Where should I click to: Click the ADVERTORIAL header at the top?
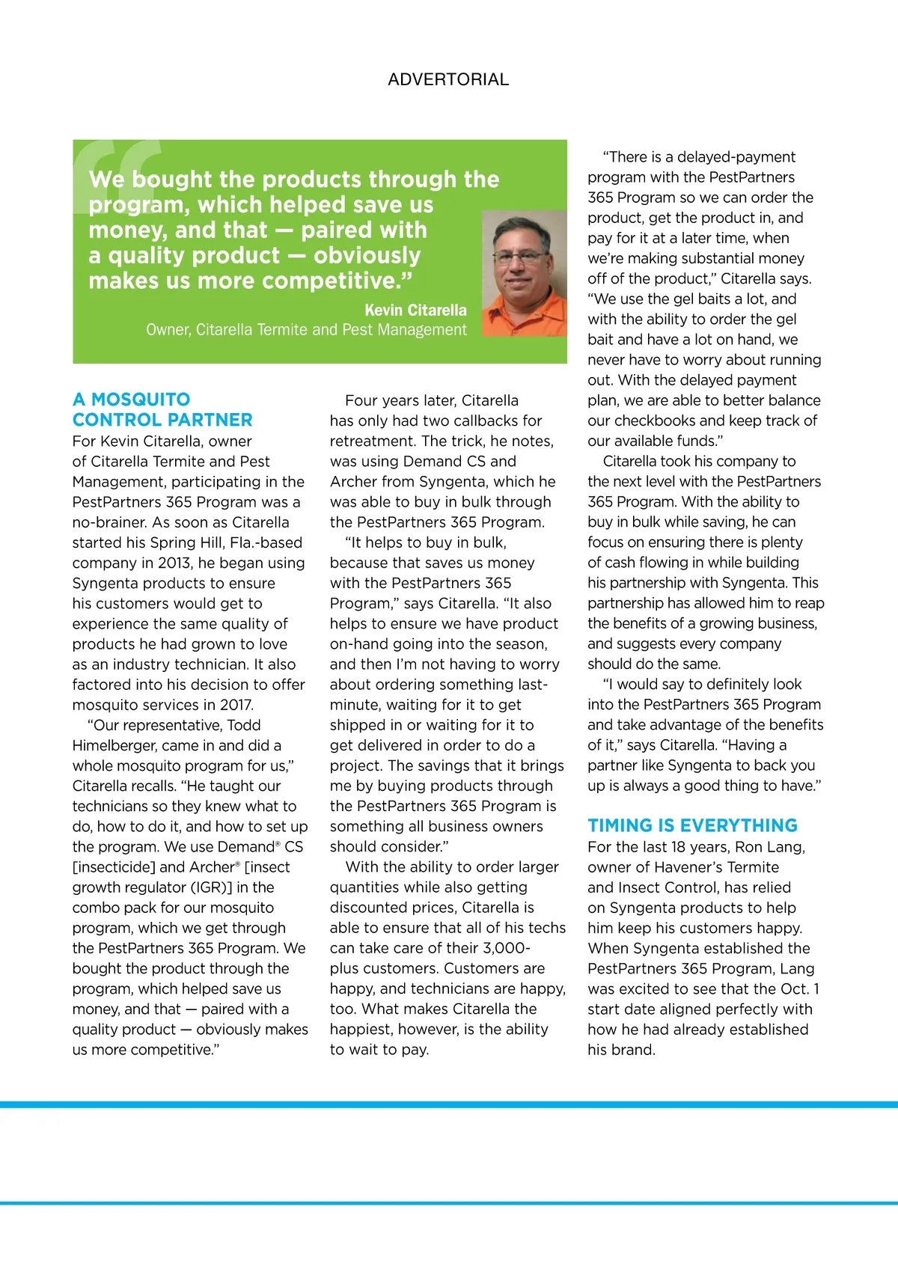tap(448, 79)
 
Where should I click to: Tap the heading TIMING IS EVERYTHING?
tap(692, 825)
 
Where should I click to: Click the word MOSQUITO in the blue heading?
tap(141, 400)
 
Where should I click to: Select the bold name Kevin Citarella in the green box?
tap(415, 310)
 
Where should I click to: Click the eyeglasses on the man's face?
tap(521, 257)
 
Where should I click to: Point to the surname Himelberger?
tap(119, 745)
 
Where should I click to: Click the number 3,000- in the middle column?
tap(507, 948)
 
